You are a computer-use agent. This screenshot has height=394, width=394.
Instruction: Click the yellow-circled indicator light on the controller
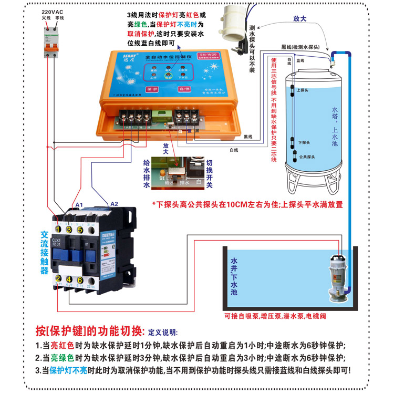coord(167,76)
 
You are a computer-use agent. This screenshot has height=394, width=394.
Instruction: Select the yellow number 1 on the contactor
coord(59,230)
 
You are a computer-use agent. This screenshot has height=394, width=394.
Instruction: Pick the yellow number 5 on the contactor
coord(79,230)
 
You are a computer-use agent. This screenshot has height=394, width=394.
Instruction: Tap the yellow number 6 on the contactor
coord(79,280)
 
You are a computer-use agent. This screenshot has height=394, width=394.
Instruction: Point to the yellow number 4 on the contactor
coord(69,280)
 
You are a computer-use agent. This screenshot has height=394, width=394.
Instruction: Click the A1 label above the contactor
coord(79,204)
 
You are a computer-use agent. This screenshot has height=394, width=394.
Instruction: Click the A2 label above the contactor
coord(114,204)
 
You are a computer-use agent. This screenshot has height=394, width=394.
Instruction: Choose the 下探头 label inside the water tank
coord(304,142)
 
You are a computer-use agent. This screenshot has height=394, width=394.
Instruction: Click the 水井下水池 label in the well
coord(234,276)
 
